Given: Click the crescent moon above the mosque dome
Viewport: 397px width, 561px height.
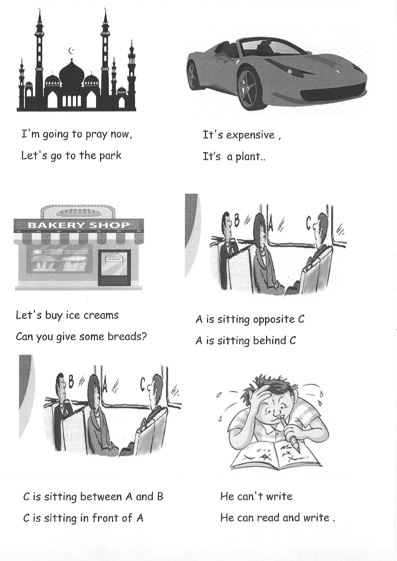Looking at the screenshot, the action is point(71,51).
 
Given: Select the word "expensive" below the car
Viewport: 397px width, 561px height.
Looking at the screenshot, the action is point(251,136).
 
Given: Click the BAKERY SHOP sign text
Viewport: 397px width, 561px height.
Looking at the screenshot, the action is point(79,225).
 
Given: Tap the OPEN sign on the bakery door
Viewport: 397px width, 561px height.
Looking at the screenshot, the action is point(114,259).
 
